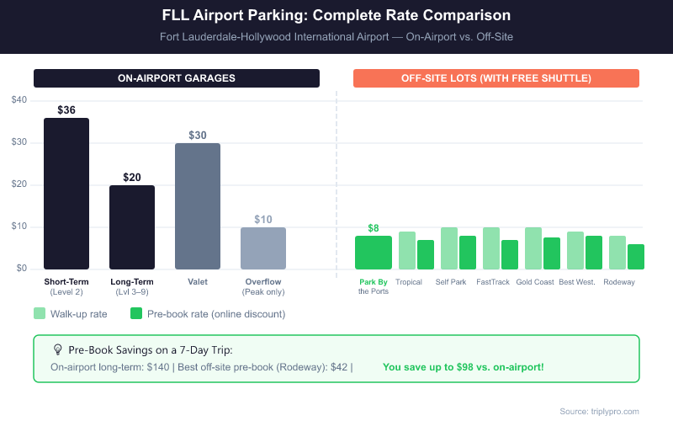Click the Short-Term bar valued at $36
tap(66, 194)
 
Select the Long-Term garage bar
tap(132, 227)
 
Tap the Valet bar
tap(198, 206)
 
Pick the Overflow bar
tap(263, 248)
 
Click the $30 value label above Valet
tap(198, 135)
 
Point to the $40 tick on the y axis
tap(19, 100)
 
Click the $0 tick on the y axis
tap(21, 269)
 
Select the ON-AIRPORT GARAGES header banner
tap(177, 78)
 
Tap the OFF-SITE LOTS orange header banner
tap(496, 78)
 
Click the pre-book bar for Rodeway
tap(636, 257)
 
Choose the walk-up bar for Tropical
tap(407, 250)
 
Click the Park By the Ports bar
tap(374, 253)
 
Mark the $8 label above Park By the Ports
tap(374, 227)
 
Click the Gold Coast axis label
tap(535, 282)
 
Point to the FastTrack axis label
tap(493, 282)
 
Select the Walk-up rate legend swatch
tap(40, 313)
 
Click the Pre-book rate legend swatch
tap(135, 313)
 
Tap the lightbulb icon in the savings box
tap(57, 349)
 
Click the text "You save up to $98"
tap(463, 367)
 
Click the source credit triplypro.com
tap(599, 411)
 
